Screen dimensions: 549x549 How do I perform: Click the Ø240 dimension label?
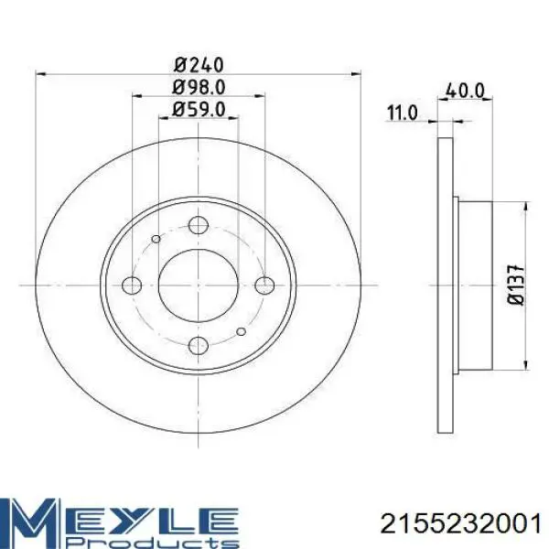tap(199, 65)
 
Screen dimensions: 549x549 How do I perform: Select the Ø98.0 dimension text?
tap(199, 88)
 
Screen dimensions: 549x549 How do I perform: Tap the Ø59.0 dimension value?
tap(199, 110)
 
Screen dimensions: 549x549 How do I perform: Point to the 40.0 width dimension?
tap(465, 91)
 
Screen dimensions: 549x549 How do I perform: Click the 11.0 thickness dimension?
tap(403, 113)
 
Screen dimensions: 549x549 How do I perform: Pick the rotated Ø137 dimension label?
tap(516, 285)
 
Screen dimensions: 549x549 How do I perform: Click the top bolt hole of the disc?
tap(199, 225)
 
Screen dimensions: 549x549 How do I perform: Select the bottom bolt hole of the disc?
tap(199, 346)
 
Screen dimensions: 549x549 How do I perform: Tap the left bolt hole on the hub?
tap(132, 285)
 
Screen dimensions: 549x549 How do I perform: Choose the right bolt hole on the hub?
tap(264, 285)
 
